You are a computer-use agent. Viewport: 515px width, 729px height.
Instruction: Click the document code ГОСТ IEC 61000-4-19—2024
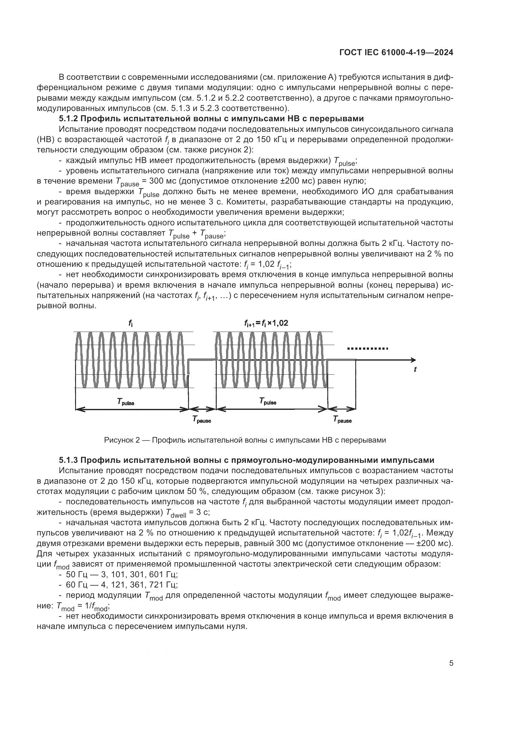[396, 53]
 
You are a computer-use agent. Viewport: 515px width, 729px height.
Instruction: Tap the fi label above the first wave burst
[130, 323]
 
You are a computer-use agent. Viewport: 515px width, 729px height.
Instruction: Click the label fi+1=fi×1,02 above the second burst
[266, 323]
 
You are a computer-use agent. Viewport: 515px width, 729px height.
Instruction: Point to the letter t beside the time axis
[415, 369]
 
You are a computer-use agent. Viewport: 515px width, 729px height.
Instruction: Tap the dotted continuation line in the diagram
[367, 349]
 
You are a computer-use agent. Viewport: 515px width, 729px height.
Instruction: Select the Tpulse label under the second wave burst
[268, 402]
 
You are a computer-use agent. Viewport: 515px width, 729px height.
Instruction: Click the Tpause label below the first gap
[202, 420]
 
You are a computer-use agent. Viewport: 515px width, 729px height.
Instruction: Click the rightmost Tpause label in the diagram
[342, 420]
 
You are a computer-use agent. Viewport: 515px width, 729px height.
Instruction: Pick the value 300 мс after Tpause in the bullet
[161, 181]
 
